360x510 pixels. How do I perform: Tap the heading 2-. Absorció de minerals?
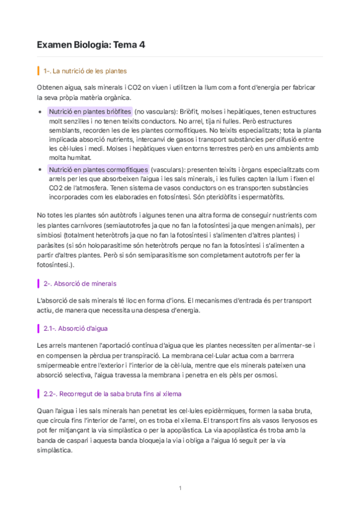tap(80, 283)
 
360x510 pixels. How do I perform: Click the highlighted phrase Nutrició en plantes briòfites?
tap(90, 112)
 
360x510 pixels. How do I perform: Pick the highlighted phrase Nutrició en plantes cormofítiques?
tap(98, 170)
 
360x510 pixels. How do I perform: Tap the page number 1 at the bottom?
tap(180, 488)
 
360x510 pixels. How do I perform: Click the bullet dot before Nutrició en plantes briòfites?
tap(40, 112)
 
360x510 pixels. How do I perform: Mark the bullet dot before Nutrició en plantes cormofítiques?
tap(40, 170)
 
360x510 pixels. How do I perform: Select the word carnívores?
tap(75, 226)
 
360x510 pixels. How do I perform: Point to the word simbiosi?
tap(50, 236)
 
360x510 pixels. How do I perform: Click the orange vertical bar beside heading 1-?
tap(38, 71)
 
